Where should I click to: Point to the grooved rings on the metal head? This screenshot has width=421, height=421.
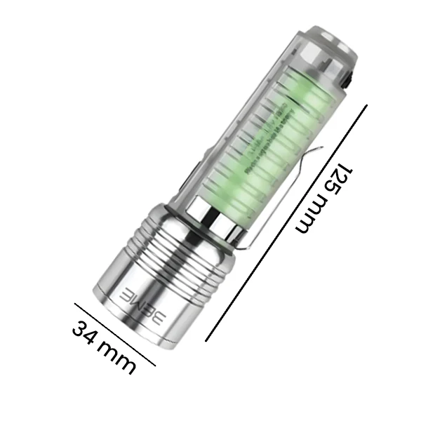click(179, 260)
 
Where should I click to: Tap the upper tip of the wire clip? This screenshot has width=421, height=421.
click(319, 149)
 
